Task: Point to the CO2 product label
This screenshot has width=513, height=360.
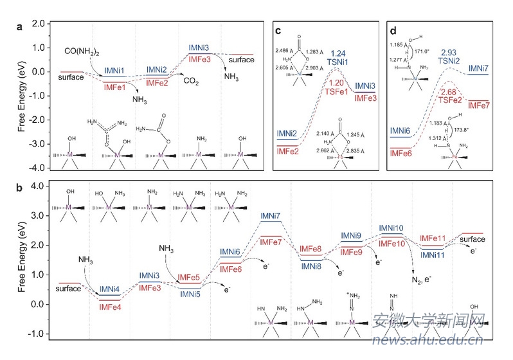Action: (x=191, y=81)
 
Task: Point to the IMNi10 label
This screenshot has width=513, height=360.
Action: (x=391, y=228)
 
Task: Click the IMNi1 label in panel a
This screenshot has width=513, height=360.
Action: (x=114, y=69)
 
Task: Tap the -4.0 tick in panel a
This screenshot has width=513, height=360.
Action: (x=39, y=168)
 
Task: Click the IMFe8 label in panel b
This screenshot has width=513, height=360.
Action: (x=310, y=249)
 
